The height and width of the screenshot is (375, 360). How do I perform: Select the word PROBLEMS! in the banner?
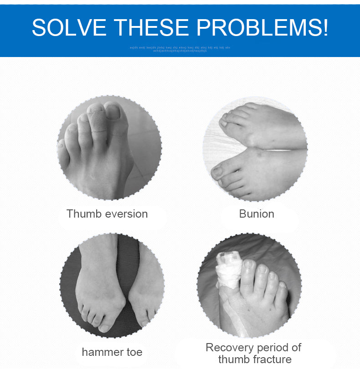[x=264, y=28]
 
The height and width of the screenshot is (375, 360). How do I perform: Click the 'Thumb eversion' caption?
[x=107, y=214]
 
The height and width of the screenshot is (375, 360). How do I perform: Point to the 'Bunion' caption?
[x=257, y=214]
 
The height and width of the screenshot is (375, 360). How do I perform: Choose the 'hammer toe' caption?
[x=112, y=352]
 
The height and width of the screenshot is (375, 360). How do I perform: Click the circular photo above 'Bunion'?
[x=255, y=149]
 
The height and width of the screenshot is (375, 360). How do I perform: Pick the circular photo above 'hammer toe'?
[x=112, y=286]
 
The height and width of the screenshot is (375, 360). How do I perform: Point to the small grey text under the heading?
[x=180, y=49]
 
